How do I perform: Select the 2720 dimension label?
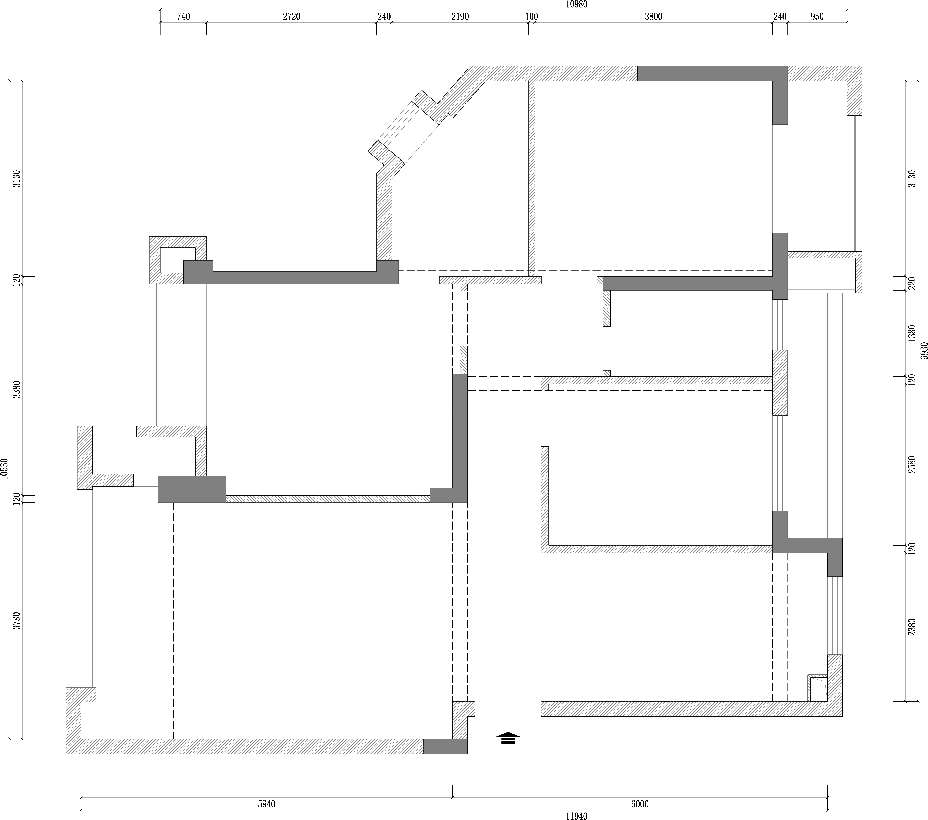(x=291, y=17)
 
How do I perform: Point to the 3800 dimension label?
(x=653, y=17)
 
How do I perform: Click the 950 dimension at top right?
(x=817, y=17)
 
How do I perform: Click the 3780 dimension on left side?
(x=17, y=621)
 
